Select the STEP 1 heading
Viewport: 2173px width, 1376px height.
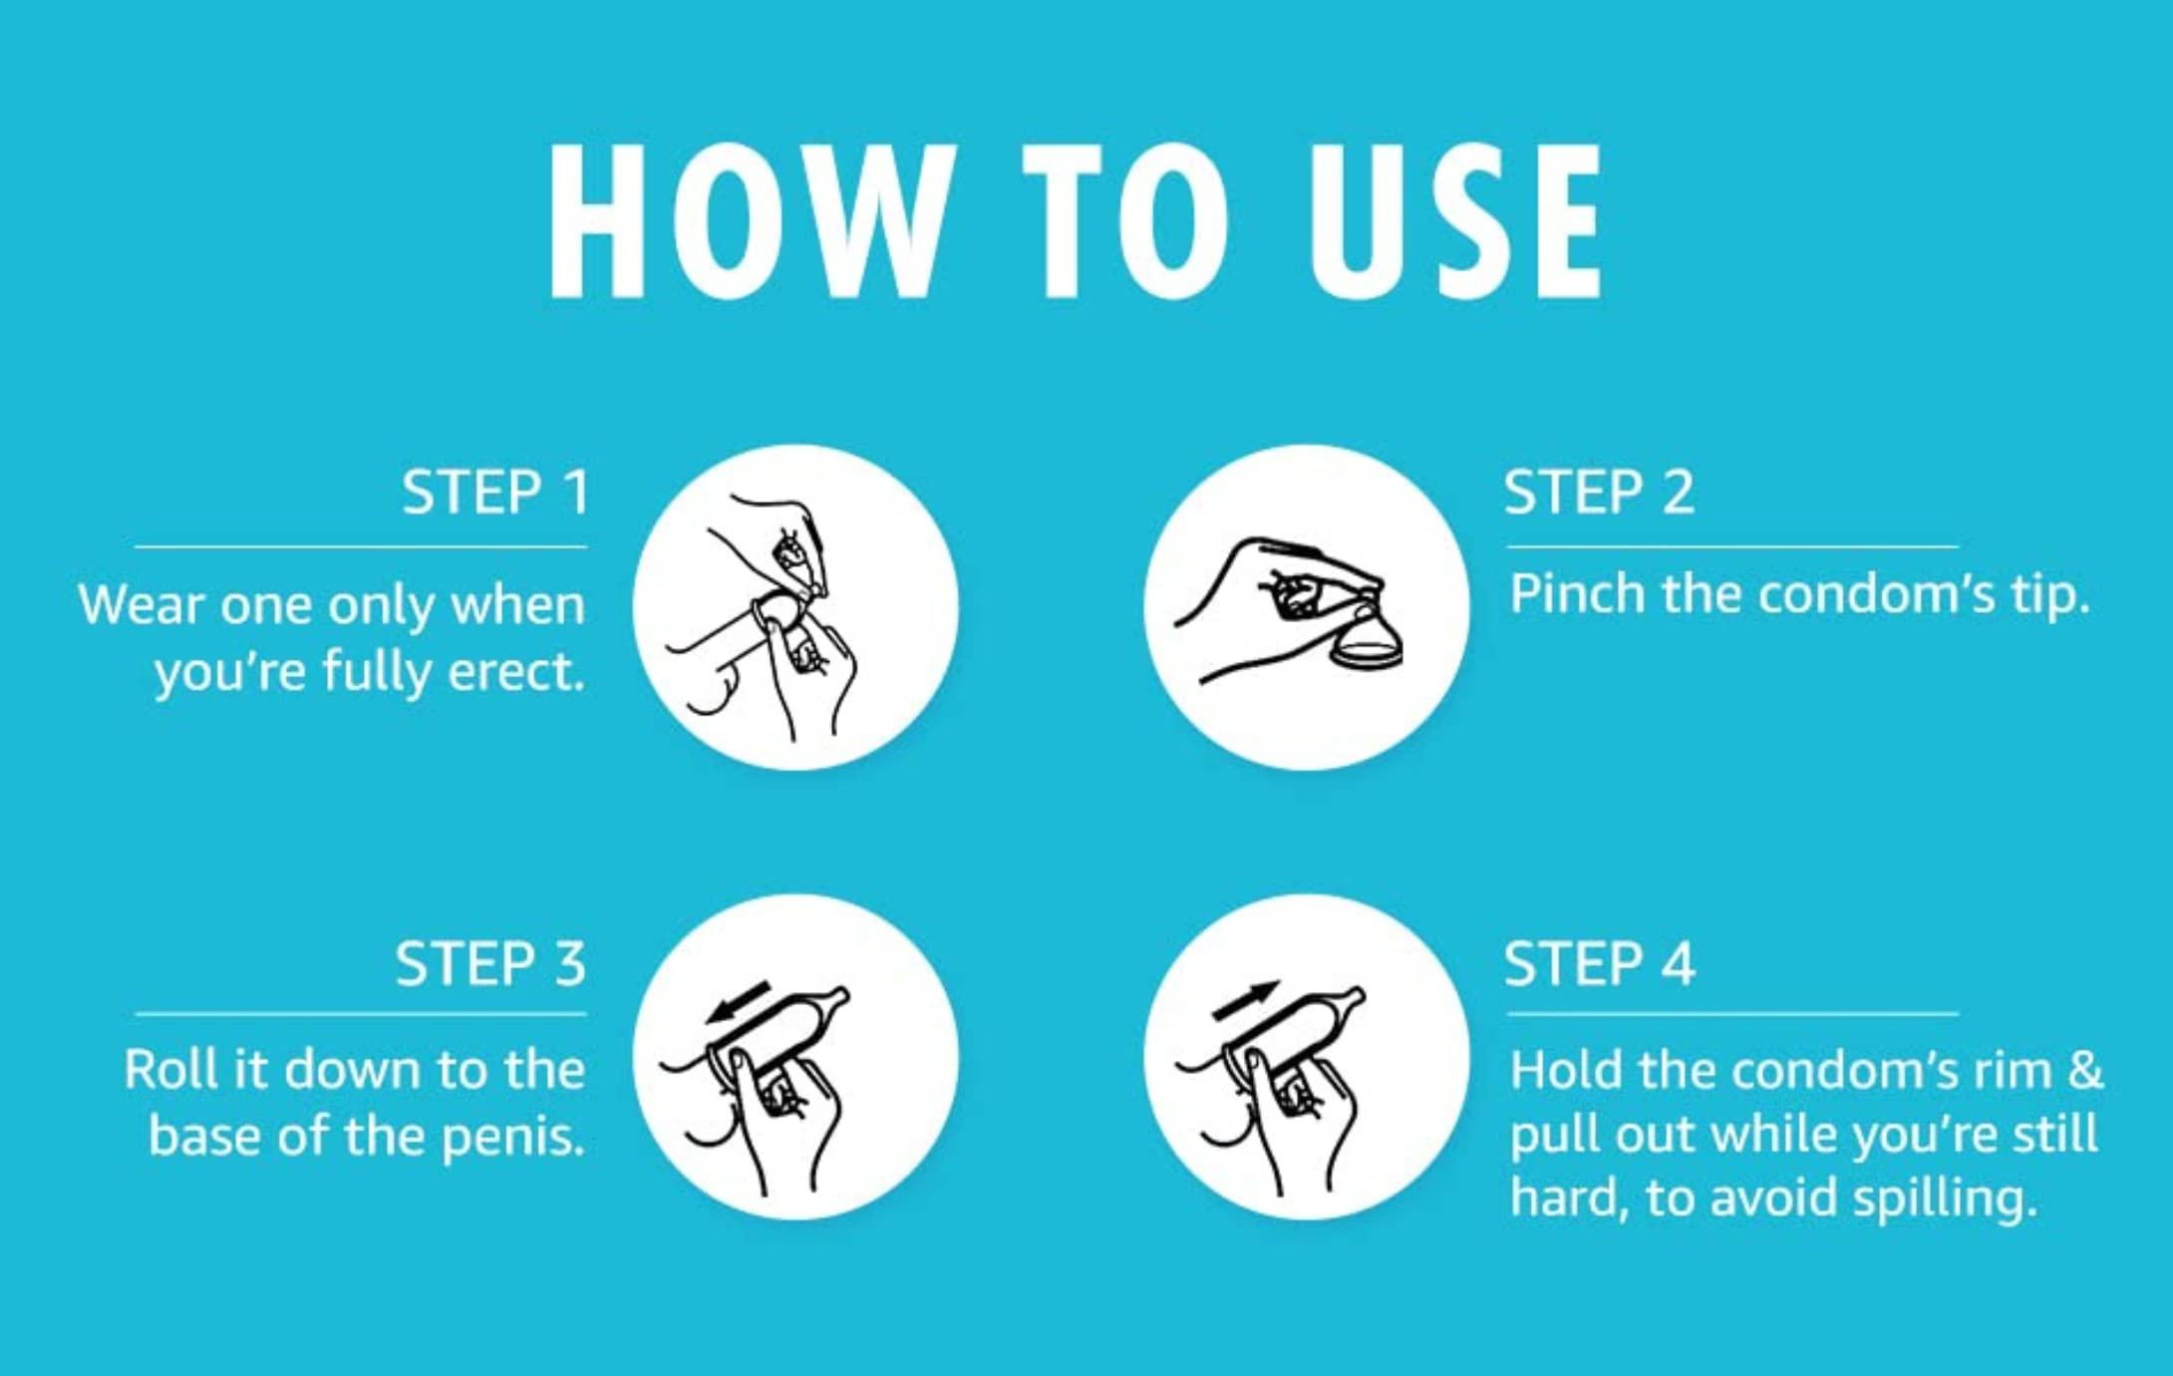click(495, 492)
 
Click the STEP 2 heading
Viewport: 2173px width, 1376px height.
click(1599, 492)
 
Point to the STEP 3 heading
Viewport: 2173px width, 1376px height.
click(490, 963)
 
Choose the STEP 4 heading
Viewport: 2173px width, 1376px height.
click(1599, 963)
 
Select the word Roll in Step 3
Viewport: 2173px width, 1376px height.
click(167, 1069)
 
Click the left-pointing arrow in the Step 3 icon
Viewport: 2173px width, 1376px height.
click(738, 1003)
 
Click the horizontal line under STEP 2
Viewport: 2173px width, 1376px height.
click(1732, 546)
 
